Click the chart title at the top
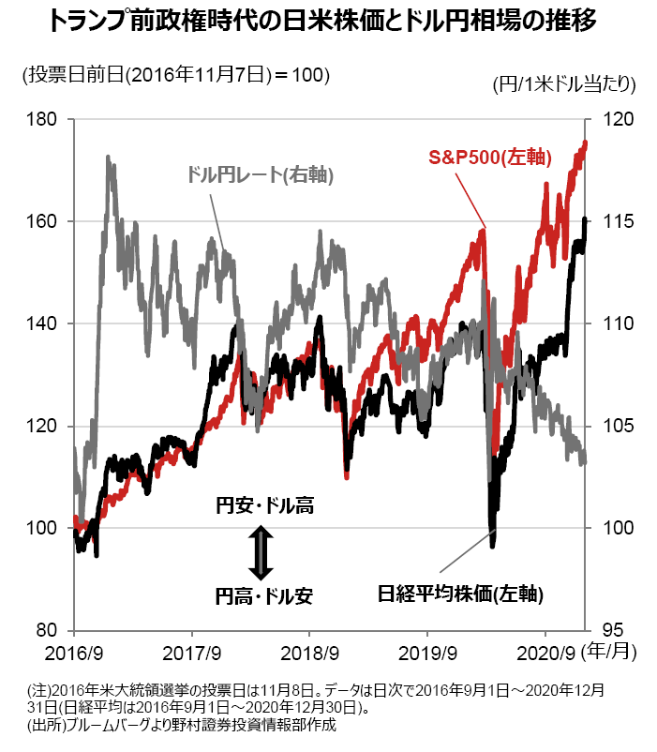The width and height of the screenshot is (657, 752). coord(322,22)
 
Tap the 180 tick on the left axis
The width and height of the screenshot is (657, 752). coord(40,119)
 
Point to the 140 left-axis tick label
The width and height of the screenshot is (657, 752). coord(40,323)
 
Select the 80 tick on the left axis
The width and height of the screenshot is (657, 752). coord(46,630)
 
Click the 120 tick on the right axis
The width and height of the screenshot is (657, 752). coord(618,119)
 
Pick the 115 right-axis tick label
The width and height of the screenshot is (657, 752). coord(618,221)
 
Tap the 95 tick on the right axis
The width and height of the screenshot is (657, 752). coord(612,630)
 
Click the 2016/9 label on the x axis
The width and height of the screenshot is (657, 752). coord(74,653)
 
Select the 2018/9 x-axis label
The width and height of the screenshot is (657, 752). coord(309,653)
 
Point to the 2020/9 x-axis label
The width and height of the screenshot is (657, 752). coord(545,653)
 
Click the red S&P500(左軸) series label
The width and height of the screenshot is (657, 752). coord(490,158)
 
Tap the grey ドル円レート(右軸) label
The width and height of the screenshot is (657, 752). coord(261,174)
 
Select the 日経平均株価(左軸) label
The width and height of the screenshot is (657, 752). coord(460,594)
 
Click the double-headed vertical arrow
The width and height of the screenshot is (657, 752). coord(261,552)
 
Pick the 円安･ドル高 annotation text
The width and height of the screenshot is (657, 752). coord(265,506)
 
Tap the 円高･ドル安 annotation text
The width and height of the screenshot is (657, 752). coord(264,596)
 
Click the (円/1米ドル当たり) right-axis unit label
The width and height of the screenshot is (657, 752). coord(564,84)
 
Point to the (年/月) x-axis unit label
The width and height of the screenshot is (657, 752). coord(608,652)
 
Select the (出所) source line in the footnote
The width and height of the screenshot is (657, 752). coord(182,725)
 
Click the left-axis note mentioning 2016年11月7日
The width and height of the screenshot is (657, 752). coord(176,75)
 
